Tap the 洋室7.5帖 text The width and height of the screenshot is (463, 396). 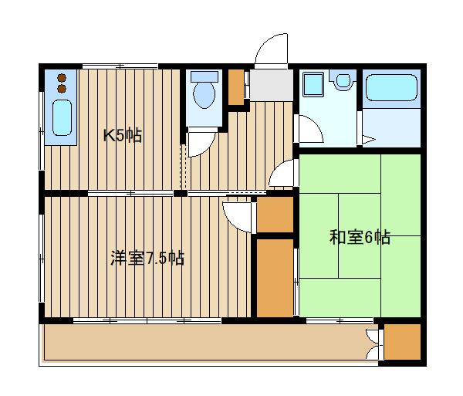tap(147, 258)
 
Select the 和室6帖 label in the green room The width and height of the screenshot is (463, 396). tap(360, 237)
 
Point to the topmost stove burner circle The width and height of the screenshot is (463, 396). tap(61, 78)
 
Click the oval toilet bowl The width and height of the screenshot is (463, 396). tap(204, 96)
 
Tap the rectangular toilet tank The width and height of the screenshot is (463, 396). tap(204, 77)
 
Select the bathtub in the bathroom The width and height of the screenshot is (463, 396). tap(392, 89)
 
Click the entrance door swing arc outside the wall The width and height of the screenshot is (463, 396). tap(270, 49)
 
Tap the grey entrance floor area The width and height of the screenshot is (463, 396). tap(269, 85)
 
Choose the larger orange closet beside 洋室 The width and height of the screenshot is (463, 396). tap(274, 277)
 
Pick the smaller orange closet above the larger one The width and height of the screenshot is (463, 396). tap(274, 215)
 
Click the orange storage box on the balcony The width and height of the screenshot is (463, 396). tap(402, 342)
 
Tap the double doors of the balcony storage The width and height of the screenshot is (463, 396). tap(375, 341)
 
